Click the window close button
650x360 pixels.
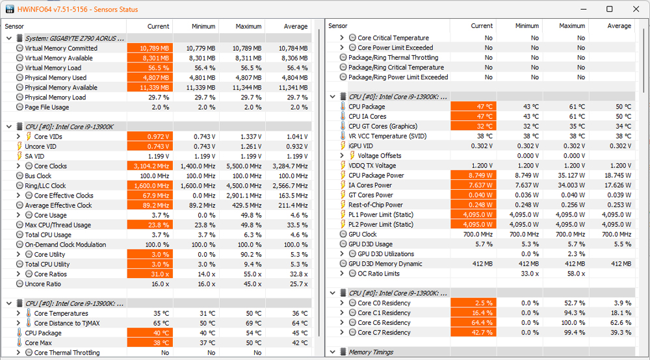(x=634, y=9)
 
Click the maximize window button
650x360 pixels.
(x=610, y=9)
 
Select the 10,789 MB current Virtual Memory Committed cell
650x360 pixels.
(x=149, y=48)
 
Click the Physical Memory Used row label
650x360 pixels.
(x=55, y=78)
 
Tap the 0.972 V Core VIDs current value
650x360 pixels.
(x=149, y=136)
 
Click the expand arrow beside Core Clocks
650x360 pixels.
(x=18, y=166)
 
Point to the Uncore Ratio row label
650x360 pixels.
(x=43, y=284)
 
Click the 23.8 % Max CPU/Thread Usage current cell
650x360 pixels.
(x=149, y=225)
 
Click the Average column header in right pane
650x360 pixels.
(x=619, y=26)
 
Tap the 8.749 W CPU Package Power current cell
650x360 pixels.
(x=473, y=175)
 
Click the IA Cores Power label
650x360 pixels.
(x=370, y=185)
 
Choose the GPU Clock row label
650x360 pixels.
(x=362, y=235)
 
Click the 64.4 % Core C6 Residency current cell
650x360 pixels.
(x=473, y=323)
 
